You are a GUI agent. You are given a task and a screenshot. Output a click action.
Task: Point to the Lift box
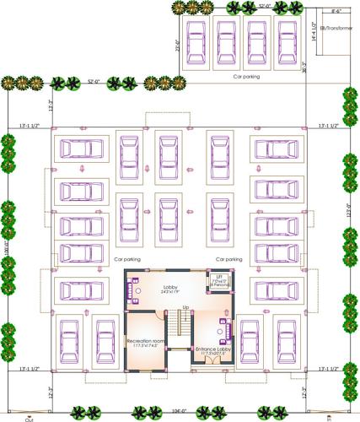point(218,281)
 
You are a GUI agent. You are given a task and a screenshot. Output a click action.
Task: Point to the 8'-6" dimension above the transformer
point(337,12)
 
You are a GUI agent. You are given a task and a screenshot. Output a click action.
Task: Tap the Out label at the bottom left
point(29,418)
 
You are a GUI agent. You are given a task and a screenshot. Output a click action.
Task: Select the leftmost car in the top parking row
point(196,41)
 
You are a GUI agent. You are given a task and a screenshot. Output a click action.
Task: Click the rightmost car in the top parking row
point(286,41)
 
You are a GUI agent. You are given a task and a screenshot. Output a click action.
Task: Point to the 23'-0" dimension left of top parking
point(178,46)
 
